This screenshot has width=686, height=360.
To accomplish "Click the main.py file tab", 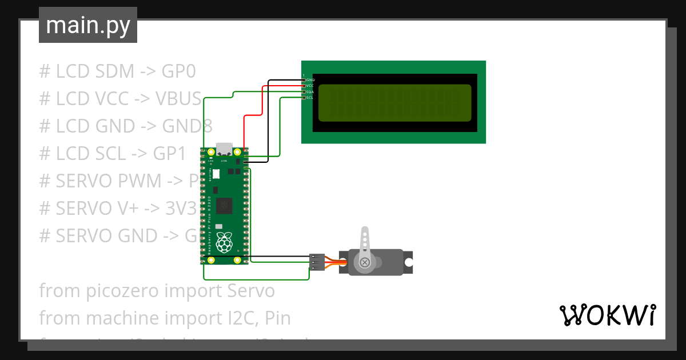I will pos(87,25).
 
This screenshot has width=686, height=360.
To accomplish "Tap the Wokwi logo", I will pos(607,315).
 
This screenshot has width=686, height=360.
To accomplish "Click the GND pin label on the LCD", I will pos(310,80).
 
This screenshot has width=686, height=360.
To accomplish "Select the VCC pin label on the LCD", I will pos(310,86).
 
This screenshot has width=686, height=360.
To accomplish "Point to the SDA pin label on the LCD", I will pos(310,92).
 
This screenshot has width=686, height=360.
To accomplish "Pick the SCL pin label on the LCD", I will pos(310,98).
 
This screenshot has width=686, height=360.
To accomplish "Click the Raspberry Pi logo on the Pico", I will pos(225,242).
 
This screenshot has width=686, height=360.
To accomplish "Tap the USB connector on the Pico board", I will pos(224,149).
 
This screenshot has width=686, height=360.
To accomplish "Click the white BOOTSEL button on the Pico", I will pos(217,173).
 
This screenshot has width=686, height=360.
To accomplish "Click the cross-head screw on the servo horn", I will pos(364,262).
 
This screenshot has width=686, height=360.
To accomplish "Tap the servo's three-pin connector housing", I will pos(317,262).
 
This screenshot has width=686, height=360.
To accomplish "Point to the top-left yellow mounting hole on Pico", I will pos(211,152).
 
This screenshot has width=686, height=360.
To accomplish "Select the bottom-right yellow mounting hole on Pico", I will pos(238,260).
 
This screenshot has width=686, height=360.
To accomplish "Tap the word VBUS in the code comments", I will pos(178,99).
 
